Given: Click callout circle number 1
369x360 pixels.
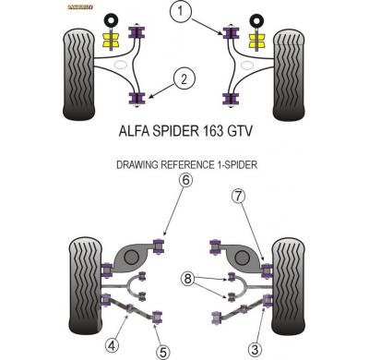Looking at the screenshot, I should (x=181, y=12).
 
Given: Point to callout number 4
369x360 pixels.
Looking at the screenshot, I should (x=112, y=346).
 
